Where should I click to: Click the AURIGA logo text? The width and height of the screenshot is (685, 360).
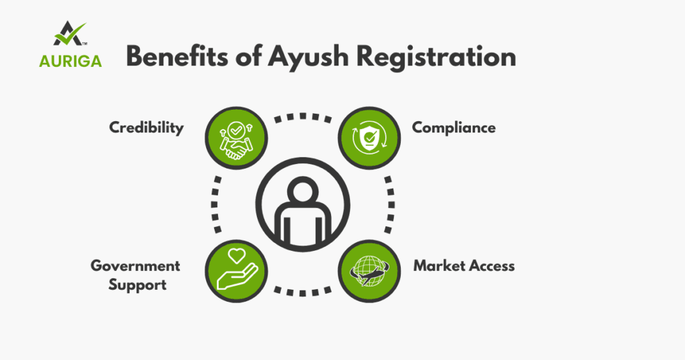coord(70,62)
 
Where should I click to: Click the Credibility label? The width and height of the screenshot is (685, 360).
coord(146,127)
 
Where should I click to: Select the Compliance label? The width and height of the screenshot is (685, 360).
coord(454,127)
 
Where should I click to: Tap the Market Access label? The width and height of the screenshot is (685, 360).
coord(464,266)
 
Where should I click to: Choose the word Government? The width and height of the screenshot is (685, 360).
coord(135,266)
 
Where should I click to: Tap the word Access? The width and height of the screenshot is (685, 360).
coord(491,266)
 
